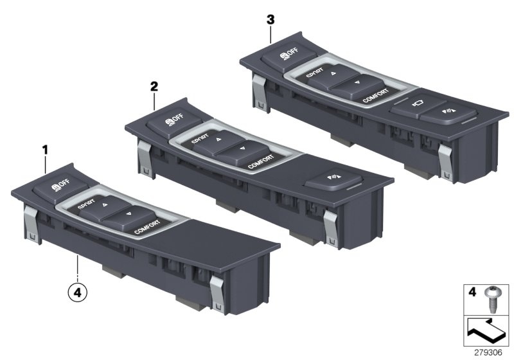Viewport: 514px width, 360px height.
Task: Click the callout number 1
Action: [x=45, y=149]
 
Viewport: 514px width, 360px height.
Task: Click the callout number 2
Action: [x=154, y=85]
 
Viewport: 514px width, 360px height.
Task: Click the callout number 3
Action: [x=270, y=20]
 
